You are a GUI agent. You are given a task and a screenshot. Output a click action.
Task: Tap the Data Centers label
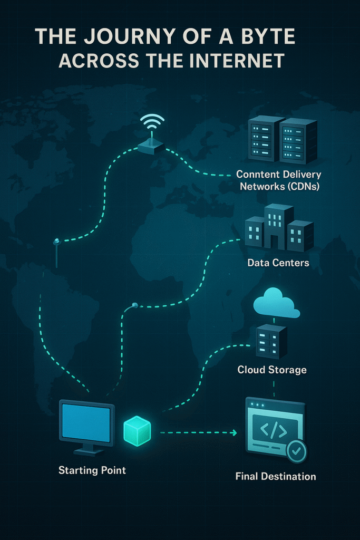coord(278,262)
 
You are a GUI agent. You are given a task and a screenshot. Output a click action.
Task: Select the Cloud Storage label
coord(272,370)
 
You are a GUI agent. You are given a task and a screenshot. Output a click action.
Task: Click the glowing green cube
coord(137,430)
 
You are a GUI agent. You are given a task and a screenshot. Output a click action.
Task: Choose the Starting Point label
coord(92,470)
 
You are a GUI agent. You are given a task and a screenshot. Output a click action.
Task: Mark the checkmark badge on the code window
coord(296,451)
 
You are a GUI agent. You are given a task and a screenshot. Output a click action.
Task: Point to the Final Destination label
coord(276,477)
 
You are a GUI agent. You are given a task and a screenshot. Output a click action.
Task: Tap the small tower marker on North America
coord(56,242)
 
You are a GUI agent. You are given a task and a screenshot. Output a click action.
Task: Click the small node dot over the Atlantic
coord(135,305)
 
